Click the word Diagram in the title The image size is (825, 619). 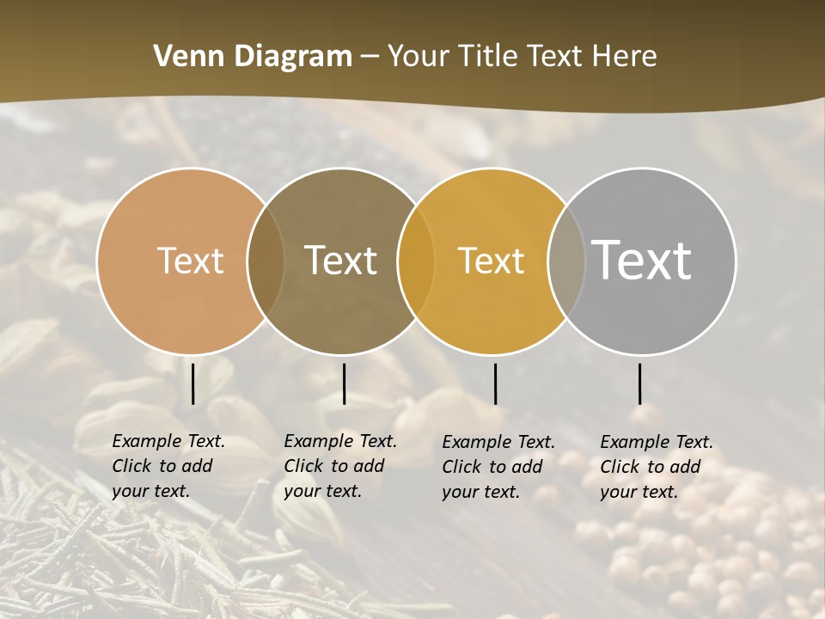tap(292, 57)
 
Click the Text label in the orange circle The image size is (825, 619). tap(190, 260)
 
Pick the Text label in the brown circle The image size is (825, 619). tap(341, 260)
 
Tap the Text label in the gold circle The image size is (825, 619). tap(491, 260)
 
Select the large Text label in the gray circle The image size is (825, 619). tap(642, 260)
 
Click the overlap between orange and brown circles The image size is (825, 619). tap(266, 260)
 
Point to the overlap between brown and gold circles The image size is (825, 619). tap(416, 260)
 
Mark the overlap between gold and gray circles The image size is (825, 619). tap(566, 260)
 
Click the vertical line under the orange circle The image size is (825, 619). tap(192, 383)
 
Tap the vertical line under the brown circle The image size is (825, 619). tap(344, 383)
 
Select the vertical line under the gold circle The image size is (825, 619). tap(495, 383)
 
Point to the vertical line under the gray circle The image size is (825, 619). tap(639, 383)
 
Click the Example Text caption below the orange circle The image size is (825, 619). tap(168, 466)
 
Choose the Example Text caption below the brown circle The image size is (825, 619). tap(340, 466)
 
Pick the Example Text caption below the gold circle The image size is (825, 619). tap(498, 467)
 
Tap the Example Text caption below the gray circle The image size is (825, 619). tap(657, 467)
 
